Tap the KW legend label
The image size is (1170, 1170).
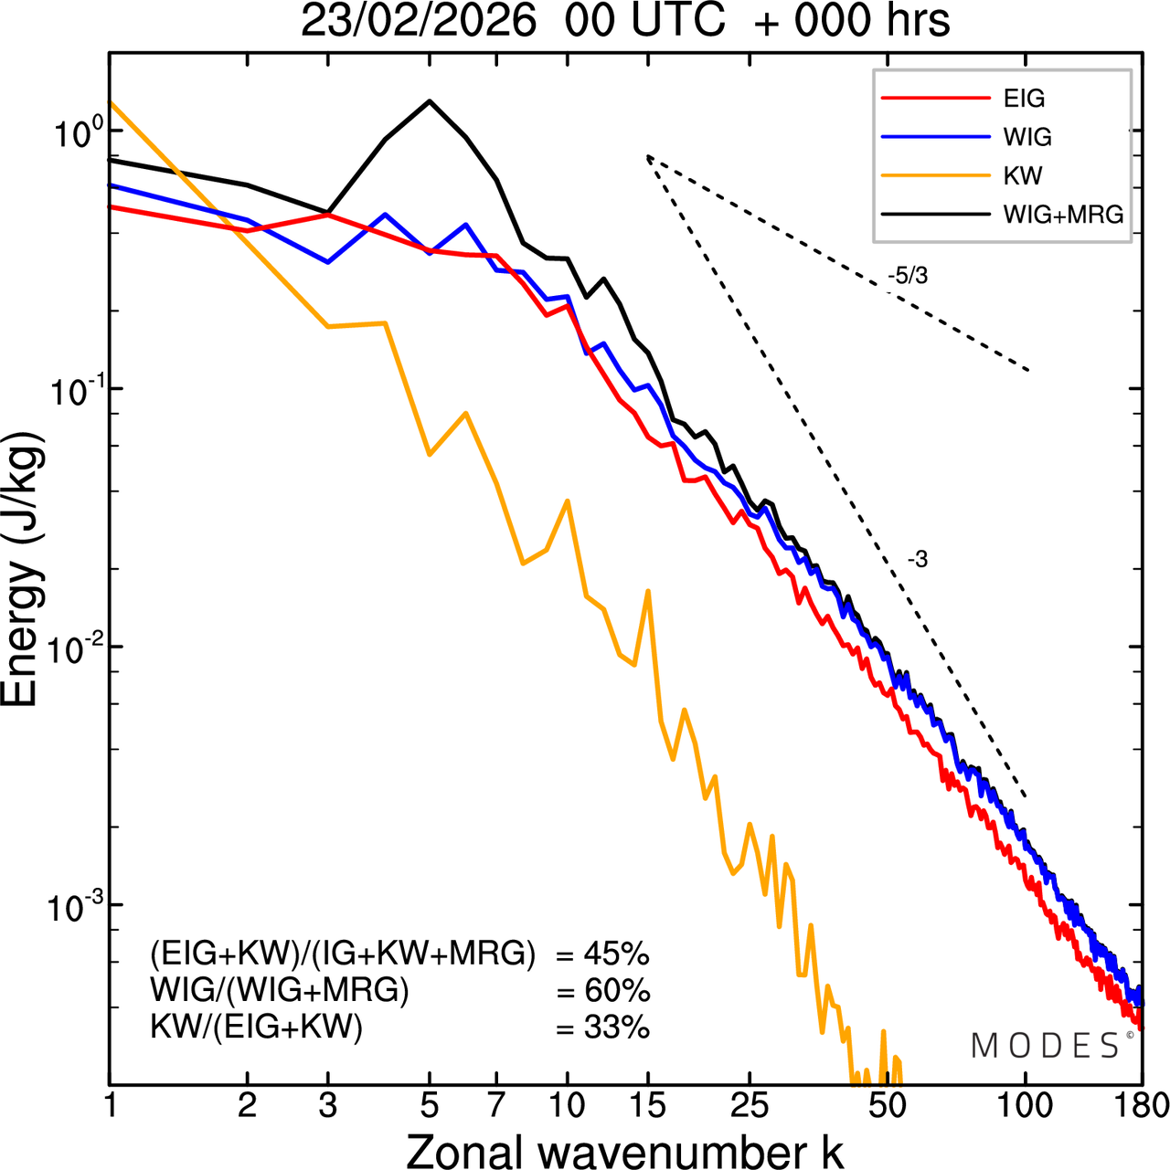[x=1023, y=175]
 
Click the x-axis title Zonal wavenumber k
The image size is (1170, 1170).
[x=624, y=1150]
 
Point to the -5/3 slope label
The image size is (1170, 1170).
[x=908, y=276]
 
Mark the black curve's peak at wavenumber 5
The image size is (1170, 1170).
[x=430, y=101]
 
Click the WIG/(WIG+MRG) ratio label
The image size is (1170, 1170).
[x=280, y=991]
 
